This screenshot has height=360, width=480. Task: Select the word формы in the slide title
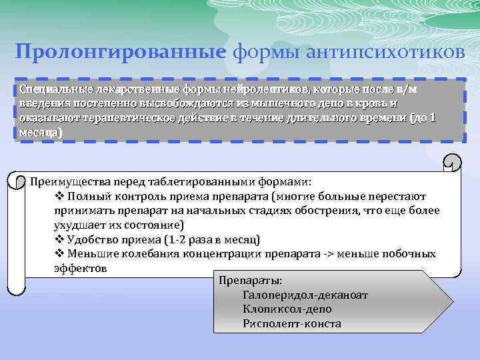262,52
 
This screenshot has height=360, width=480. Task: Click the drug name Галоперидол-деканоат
306,295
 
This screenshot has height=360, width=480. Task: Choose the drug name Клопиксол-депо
288,309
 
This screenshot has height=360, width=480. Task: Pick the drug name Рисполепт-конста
292,324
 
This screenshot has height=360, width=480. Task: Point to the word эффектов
80,268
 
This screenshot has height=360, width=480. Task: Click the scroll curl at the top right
452,163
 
